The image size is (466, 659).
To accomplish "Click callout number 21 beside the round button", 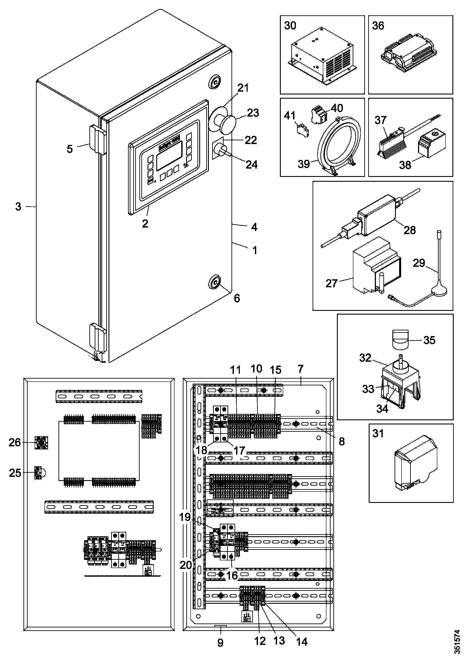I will pos(243,88).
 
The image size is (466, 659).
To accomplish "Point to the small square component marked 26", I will pos(41,443).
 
